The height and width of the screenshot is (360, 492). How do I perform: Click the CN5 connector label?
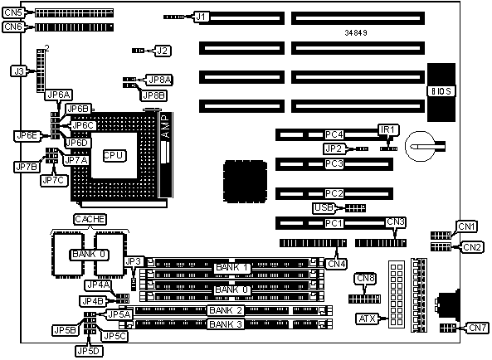13,13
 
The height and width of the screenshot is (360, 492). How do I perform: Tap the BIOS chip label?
441,91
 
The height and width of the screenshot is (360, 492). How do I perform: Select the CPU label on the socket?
114,155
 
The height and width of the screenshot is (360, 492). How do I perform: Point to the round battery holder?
419,147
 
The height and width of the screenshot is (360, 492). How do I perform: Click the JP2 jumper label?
334,148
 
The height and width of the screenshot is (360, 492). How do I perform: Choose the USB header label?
324,207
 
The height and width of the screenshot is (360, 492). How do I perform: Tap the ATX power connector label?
367,319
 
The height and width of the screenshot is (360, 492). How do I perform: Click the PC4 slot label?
334,134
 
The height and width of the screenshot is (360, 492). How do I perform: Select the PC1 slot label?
334,223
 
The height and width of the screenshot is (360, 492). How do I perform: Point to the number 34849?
356,32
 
